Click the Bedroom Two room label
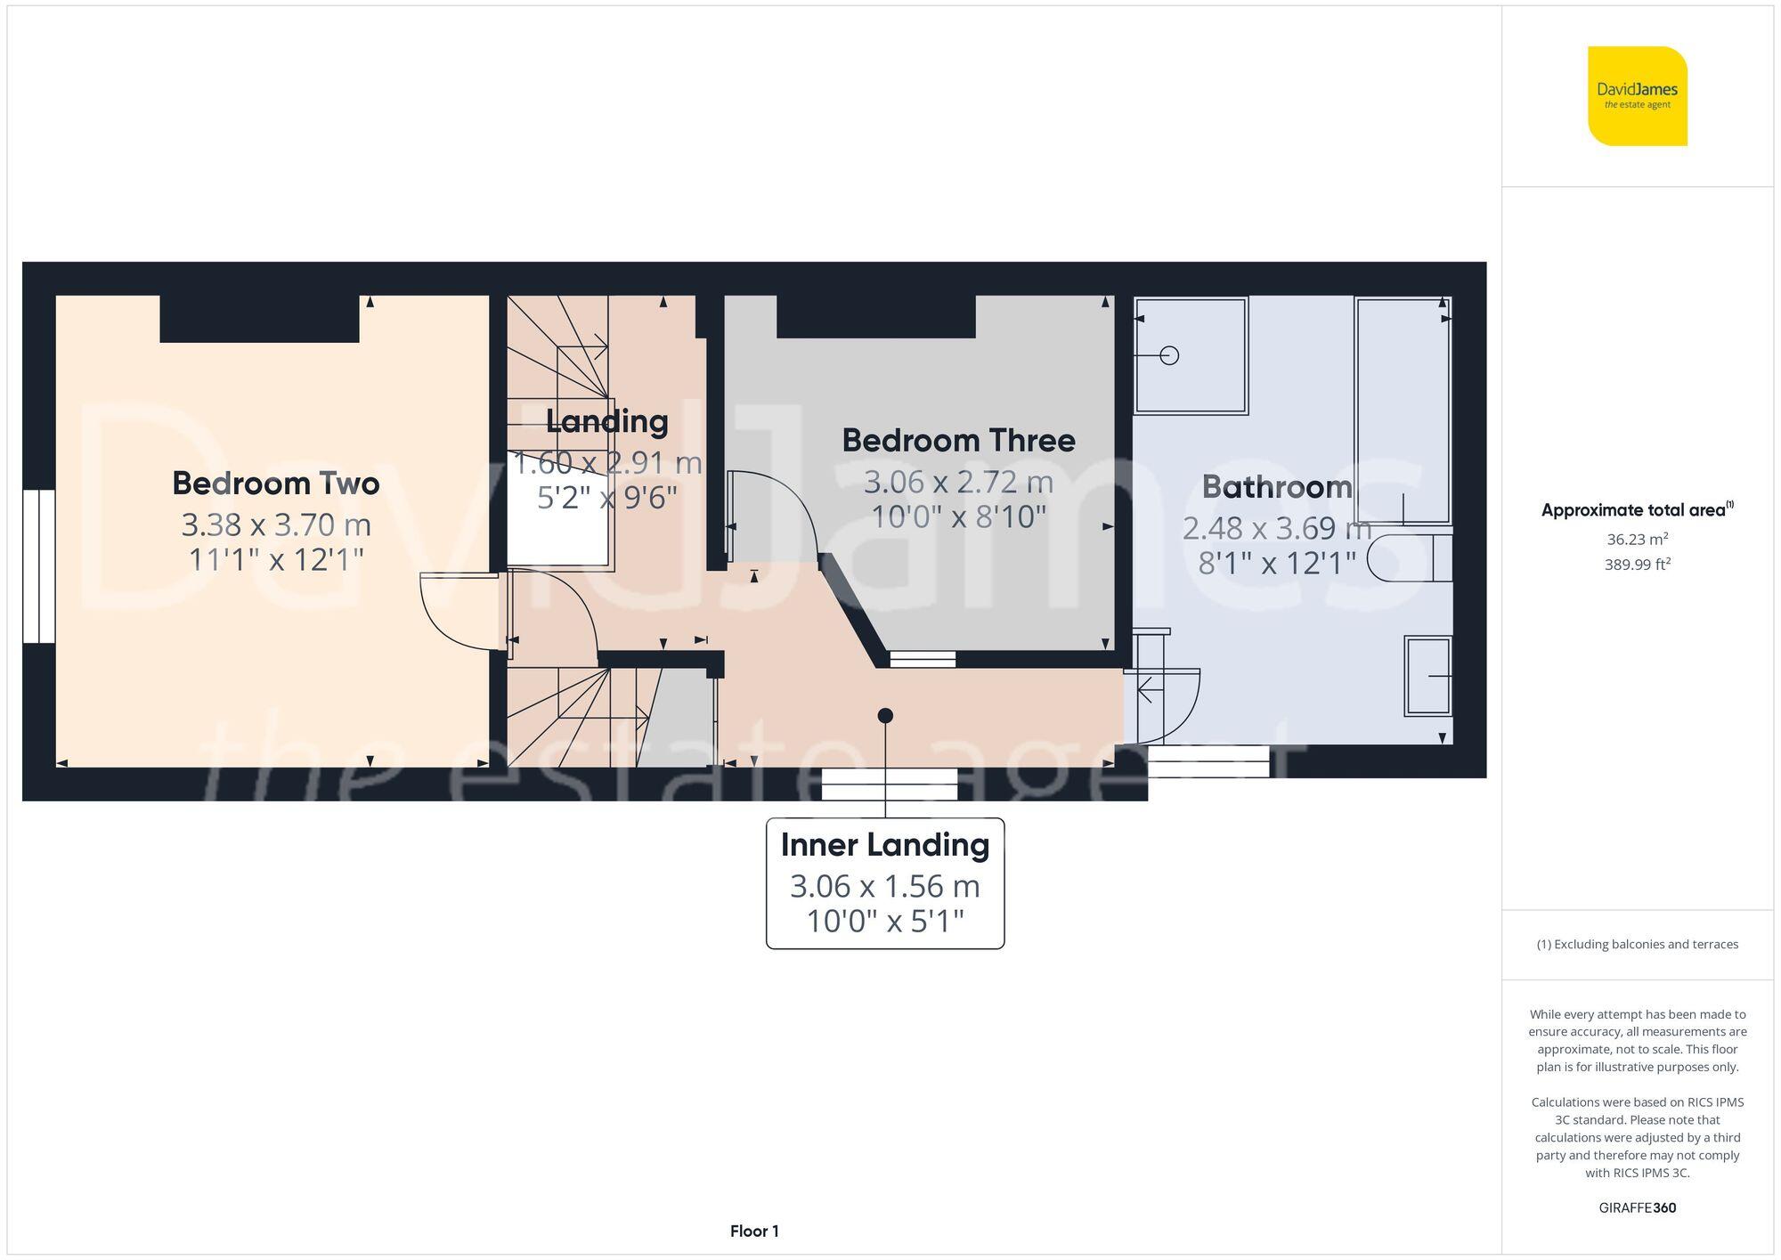click(x=276, y=484)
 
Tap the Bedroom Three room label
click(x=958, y=441)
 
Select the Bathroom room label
click(x=1276, y=487)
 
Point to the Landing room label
click(x=606, y=421)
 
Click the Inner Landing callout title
click(x=884, y=845)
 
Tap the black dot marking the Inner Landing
click(x=885, y=715)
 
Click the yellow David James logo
click(x=1637, y=96)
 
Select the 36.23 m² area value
click(x=1637, y=539)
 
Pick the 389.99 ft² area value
click(x=1637, y=565)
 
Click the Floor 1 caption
click(x=754, y=1232)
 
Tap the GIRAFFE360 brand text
click(x=1637, y=1208)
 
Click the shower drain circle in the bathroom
click(x=1170, y=355)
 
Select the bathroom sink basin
click(x=1427, y=676)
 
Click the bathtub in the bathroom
click(x=1402, y=410)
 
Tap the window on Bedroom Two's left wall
click(x=39, y=566)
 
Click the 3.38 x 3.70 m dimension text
click(x=276, y=525)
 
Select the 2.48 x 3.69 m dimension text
click(x=1276, y=529)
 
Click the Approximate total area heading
click(x=1637, y=510)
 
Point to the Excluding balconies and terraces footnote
click(x=1637, y=945)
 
